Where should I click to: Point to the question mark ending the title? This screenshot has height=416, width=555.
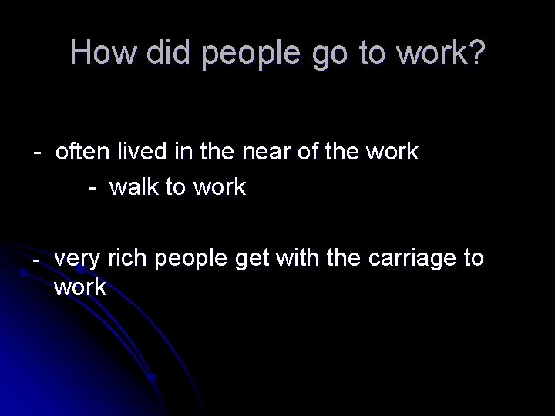[x=478, y=52]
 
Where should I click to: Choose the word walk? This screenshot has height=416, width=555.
[x=135, y=188]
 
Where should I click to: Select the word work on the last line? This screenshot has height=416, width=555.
[x=82, y=288]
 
